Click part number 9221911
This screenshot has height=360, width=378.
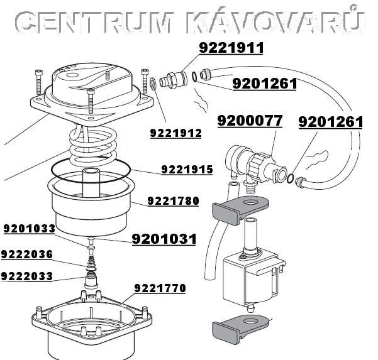(x=231, y=48)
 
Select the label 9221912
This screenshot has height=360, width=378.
(x=175, y=133)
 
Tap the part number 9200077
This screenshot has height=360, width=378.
(x=250, y=121)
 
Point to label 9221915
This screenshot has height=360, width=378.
(x=187, y=170)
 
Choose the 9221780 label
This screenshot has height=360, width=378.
(x=174, y=201)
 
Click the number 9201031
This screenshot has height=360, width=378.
(x=164, y=239)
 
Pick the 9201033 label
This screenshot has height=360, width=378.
(x=30, y=229)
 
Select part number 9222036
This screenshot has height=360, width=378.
(x=27, y=254)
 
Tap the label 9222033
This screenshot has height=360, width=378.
(x=27, y=276)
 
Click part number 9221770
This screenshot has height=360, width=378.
(x=160, y=288)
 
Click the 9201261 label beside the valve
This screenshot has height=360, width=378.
(x=330, y=122)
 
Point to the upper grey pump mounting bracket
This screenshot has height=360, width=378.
(x=240, y=209)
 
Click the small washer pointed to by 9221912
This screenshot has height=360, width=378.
(x=153, y=84)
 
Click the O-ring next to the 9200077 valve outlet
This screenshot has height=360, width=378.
(x=291, y=178)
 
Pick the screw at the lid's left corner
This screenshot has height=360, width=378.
(x=39, y=82)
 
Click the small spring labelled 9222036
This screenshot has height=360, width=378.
(x=91, y=263)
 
